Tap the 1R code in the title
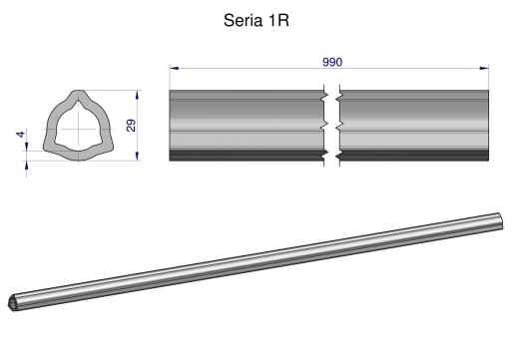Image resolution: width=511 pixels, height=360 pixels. [277, 20]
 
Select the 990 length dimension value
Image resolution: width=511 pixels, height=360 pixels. [331, 62]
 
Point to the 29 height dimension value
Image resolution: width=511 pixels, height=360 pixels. [131, 125]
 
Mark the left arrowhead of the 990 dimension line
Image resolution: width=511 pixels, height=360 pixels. [174, 68]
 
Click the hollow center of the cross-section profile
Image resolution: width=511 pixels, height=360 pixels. [79, 127]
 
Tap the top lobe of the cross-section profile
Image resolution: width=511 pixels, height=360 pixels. [79, 98]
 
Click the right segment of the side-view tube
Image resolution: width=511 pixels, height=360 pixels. [414, 125]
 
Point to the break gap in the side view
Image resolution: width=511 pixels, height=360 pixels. [333, 125]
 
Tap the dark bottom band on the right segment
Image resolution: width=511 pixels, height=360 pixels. [414, 157]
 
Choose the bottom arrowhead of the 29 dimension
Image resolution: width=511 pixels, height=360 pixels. [138, 157]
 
